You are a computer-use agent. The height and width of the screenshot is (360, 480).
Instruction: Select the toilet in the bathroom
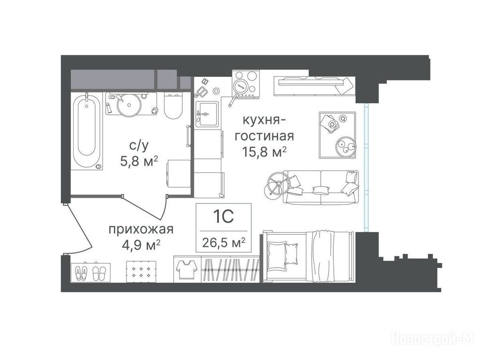pyautogui.click(x=173, y=105)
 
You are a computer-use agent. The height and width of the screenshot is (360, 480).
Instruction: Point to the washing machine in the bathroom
pyautogui.click(x=179, y=173)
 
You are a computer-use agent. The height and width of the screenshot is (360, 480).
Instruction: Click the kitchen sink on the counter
pyautogui.click(x=207, y=114)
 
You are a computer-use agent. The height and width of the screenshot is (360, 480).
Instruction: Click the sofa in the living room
pyautogui.click(x=321, y=187)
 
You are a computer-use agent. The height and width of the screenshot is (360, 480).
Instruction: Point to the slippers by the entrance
pyautogui.click(x=91, y=272)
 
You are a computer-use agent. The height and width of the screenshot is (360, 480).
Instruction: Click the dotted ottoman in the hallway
pyautogui.click(x=141, y=271)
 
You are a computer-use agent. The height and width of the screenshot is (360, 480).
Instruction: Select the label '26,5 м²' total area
pyautogui.click(x=224, y=243)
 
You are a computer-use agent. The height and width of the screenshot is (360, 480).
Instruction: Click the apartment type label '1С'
pyautogui.click(x=224, y=217)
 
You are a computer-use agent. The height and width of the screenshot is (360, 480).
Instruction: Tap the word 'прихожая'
pyautogui.click(x=141, y=229)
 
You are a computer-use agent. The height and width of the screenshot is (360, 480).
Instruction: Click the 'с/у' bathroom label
pyautogui.click(x=139, y=146)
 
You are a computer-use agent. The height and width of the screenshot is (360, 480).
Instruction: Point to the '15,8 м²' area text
pyautogui.click(x=264, y=151)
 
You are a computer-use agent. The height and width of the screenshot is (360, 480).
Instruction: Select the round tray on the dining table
pyautogui.click(x=346, y=147)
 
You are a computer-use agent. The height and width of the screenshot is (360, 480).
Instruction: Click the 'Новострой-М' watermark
pyautogui.click(x=432, y=339)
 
